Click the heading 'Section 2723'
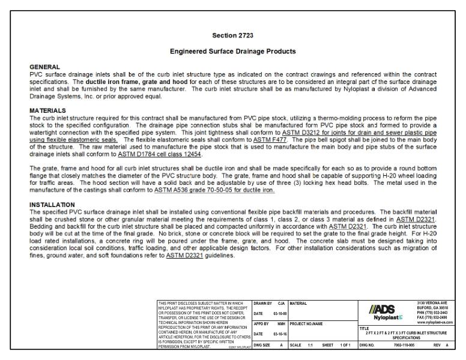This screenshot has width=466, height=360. [x=232, y=35]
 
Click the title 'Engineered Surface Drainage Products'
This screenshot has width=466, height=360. [x=232, y=52]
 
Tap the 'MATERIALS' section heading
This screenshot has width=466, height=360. [x=47, y=111]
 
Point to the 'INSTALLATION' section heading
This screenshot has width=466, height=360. [x=52, y=205]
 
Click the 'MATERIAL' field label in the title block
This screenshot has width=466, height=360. [x=299, y=304]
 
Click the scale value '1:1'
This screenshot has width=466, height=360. [x=311, y=346]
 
